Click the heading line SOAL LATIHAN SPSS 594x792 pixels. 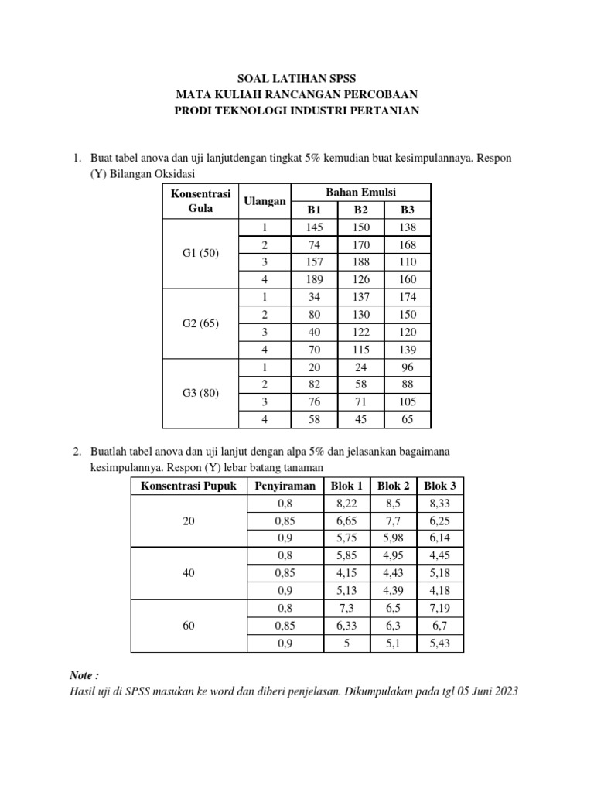(x=296, y=78)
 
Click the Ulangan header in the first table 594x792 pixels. (x=265, y=201)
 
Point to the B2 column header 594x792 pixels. (x=361, y=210)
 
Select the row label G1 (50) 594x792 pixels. (x=200, y=254)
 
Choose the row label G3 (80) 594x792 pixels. (x=200, y=393)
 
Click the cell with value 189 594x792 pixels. (x=314, y=279)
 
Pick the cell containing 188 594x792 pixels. (x=361, y=262)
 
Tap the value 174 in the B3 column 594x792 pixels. (x=408, y=297)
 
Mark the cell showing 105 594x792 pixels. (x=408, y=401)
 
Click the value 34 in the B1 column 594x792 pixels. (x=314, y=297)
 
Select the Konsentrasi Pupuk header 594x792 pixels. (x=188, y=486)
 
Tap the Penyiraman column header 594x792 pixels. (x=285, y=486)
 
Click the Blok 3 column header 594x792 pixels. (x=440, y=486)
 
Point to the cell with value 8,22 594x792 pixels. (x=348, y=503)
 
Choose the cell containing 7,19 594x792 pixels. (x=440, y=608)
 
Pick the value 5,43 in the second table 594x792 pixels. (x=440, y=643)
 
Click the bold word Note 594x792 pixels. (x=83, y=675)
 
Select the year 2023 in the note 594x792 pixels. (x=505, y=691)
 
